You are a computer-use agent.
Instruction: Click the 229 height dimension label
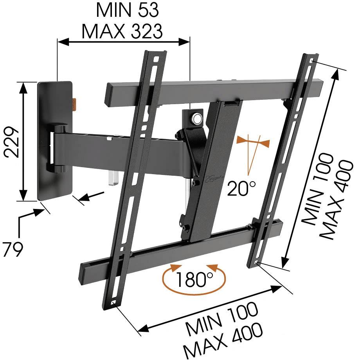coord(12,142)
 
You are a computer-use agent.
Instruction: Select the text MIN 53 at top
coord(128,11)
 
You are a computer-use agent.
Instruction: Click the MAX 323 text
coord(122,31)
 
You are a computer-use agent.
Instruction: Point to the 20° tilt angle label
coord(241,189)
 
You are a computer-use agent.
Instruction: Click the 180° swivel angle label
coord(194,279)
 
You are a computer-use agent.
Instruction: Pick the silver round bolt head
coord(195,118)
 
